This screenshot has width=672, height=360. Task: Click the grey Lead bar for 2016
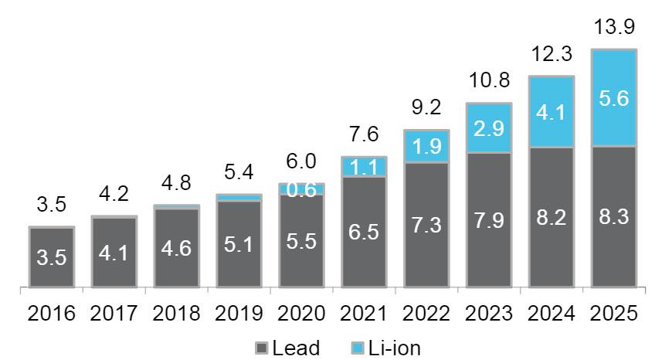click(x=52, y=257)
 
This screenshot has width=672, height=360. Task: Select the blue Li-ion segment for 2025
click(x=613, y=97)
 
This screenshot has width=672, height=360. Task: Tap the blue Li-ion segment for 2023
click(x=488, y=127)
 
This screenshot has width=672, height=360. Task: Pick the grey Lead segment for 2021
click(x=363, y=232)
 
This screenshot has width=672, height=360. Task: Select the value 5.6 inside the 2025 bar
click(x=613, y=98)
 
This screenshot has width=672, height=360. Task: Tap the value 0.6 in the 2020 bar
click(x=300, y=190)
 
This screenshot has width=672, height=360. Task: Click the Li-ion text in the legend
click(x=393, y=348)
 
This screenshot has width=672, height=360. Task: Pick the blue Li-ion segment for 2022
click(x=426, y=147)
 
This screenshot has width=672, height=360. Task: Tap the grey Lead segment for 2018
click(x=176, y=247)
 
